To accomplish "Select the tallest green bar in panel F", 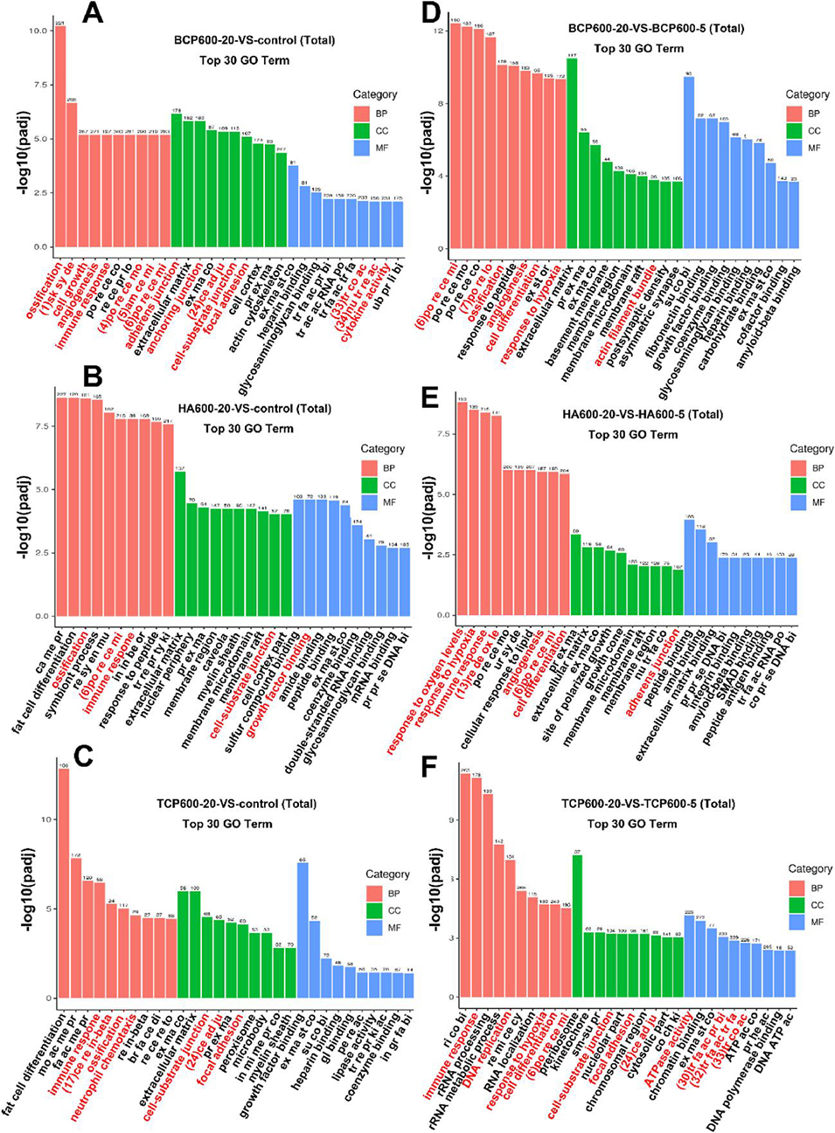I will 577,926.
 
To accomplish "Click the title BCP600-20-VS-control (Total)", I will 254,40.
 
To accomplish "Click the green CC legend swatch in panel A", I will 363,130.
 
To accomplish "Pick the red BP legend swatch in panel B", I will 370,467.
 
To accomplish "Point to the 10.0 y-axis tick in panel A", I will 38,31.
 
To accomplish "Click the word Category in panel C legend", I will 387,874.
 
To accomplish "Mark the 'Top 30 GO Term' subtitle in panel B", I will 248,428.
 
